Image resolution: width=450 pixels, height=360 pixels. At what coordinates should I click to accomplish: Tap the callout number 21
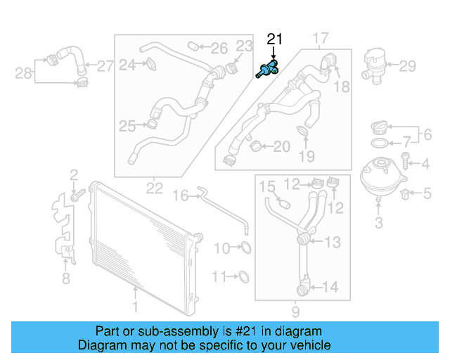(x=274, y=39)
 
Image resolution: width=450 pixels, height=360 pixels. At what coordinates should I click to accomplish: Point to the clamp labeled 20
(x=256, y=146)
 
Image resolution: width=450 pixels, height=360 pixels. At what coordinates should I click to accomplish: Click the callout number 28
(x=23, y=72)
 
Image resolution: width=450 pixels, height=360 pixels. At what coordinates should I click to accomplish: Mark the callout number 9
(x=295, y=310)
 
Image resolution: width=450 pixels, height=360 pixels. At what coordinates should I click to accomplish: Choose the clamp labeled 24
(x=150, y=65)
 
